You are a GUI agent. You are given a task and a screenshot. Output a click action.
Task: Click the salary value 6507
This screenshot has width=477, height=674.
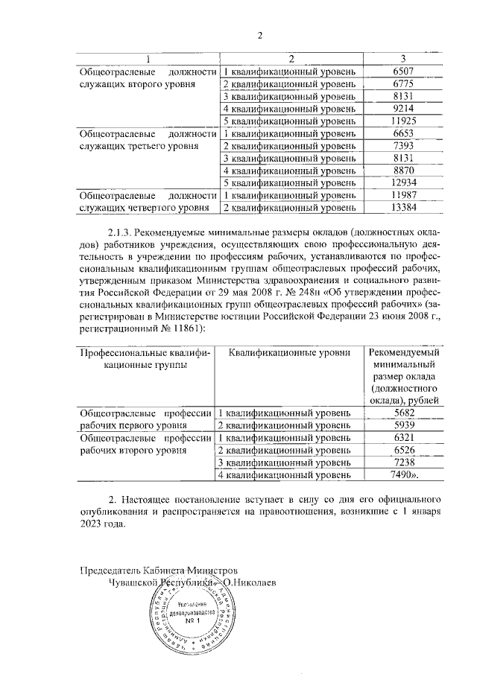click(x=402, y=71)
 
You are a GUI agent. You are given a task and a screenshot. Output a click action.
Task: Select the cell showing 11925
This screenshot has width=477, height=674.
click(x=402, y=121)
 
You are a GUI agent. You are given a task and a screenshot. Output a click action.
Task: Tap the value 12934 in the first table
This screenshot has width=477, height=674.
click(x=402, y=182)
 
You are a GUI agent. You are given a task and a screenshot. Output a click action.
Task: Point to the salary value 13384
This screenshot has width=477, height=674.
click(x=402, y=207)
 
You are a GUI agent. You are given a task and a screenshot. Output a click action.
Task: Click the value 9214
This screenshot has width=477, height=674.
click(x=402, y=108)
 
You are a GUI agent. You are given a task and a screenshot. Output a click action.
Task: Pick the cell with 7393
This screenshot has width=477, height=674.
click(x=402, y=145)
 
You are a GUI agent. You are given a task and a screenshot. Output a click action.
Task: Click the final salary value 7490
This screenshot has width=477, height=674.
click(x=401, y=474)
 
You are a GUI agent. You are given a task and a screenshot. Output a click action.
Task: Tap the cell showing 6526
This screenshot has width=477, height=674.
click(x=402, y=450)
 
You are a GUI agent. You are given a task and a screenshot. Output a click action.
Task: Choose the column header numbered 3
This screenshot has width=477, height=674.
click(x=402, y=58)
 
